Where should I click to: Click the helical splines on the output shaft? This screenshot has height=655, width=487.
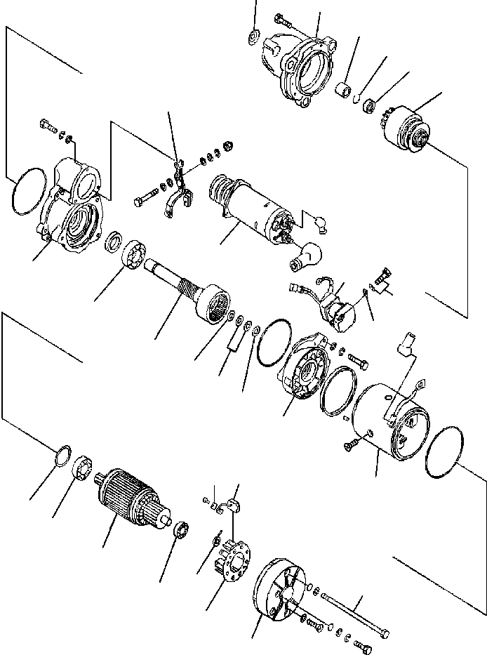click(188, 286)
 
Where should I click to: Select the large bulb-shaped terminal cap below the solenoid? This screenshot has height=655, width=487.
click(307, 256)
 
